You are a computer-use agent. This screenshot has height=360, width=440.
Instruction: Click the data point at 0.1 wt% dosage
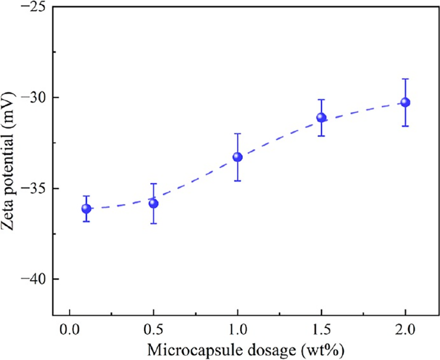86,209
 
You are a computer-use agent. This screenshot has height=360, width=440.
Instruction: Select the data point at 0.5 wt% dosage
153,203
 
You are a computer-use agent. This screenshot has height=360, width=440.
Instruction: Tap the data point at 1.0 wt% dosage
237,157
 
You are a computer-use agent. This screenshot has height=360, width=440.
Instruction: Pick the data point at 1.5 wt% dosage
321,117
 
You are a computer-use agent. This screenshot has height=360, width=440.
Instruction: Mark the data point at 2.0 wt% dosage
405,102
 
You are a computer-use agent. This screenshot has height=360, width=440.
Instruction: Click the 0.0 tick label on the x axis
70,330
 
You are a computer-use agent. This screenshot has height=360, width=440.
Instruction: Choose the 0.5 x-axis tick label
153,330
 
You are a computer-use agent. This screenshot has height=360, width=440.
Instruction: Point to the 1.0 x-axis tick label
237,330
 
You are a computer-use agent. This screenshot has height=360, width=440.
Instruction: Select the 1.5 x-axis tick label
321,330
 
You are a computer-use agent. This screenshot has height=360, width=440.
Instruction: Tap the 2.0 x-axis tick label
405,330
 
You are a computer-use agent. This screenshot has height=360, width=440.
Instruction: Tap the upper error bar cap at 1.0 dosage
237,134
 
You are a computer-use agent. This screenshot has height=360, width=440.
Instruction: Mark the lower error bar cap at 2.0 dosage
405,126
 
